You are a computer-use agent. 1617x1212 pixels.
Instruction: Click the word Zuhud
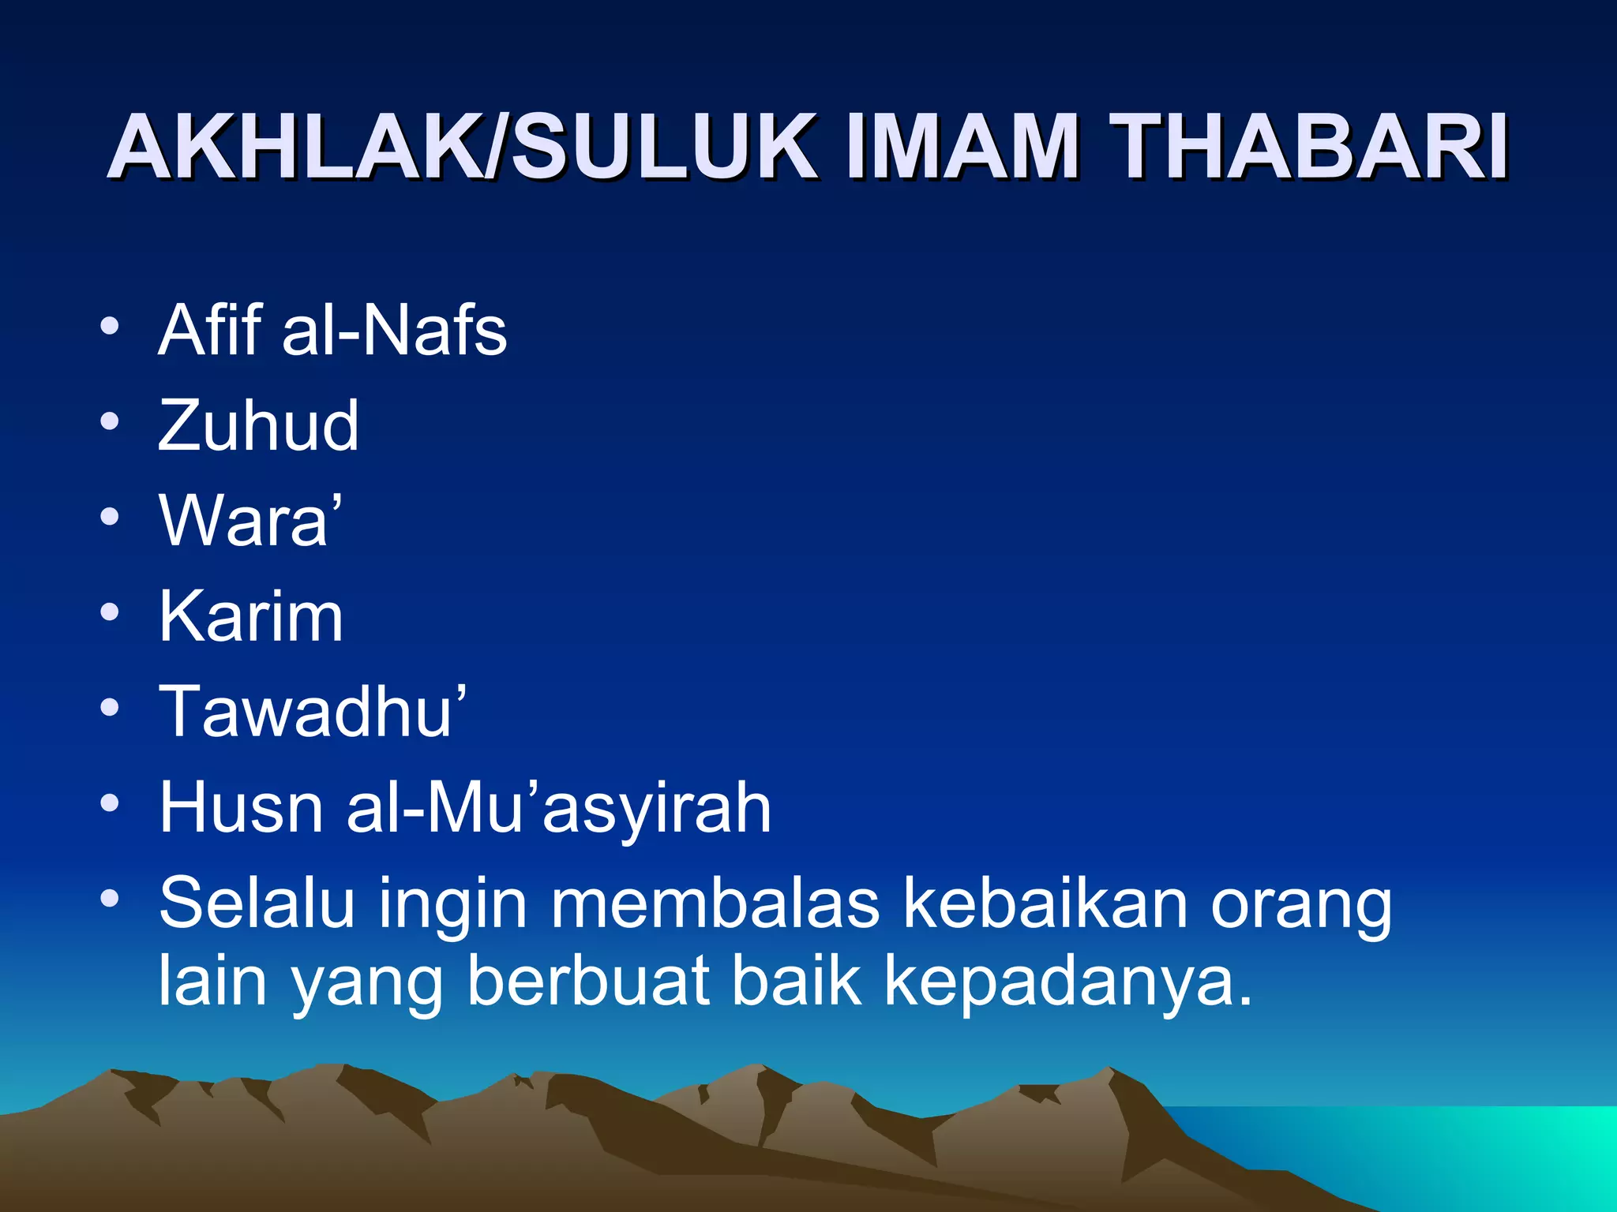click(x=258, y=425)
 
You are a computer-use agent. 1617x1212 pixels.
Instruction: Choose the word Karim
click(x=251, y=616)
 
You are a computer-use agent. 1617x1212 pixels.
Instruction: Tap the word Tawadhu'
click(x=313, y=712)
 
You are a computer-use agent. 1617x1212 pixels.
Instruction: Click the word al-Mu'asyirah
click(x=558, y=809)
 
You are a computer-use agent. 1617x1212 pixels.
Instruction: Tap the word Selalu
click(x=257, y=903)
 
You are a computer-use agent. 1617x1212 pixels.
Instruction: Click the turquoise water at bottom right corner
click(x=1500, y=1152)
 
